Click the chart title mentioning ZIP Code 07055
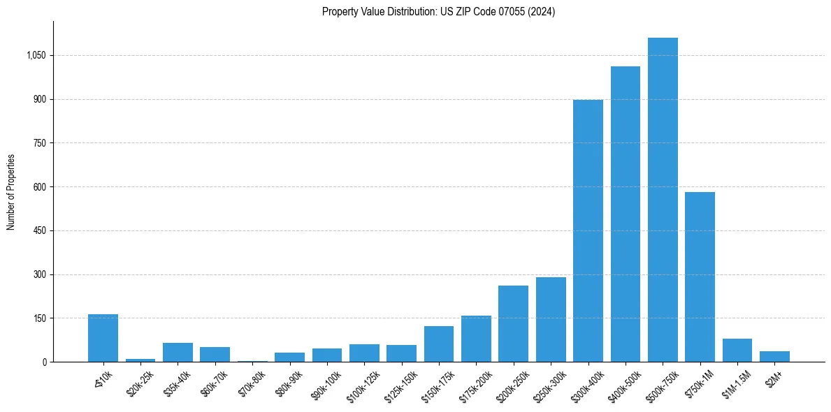pos(438,12)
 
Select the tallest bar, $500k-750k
pos(663,200)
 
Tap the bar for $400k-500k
pos(626,214)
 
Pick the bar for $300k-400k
pos(588,230)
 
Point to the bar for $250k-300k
pos(551,319)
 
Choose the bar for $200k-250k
pos(514,323)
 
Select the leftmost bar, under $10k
pos(103,338)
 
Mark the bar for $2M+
pos(774,356)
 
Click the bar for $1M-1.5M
pos(737,350)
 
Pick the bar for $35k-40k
pos(178,352)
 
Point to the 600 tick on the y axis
pos(38,187)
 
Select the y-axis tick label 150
pos(38,318)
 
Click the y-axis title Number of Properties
pos(11,191)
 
